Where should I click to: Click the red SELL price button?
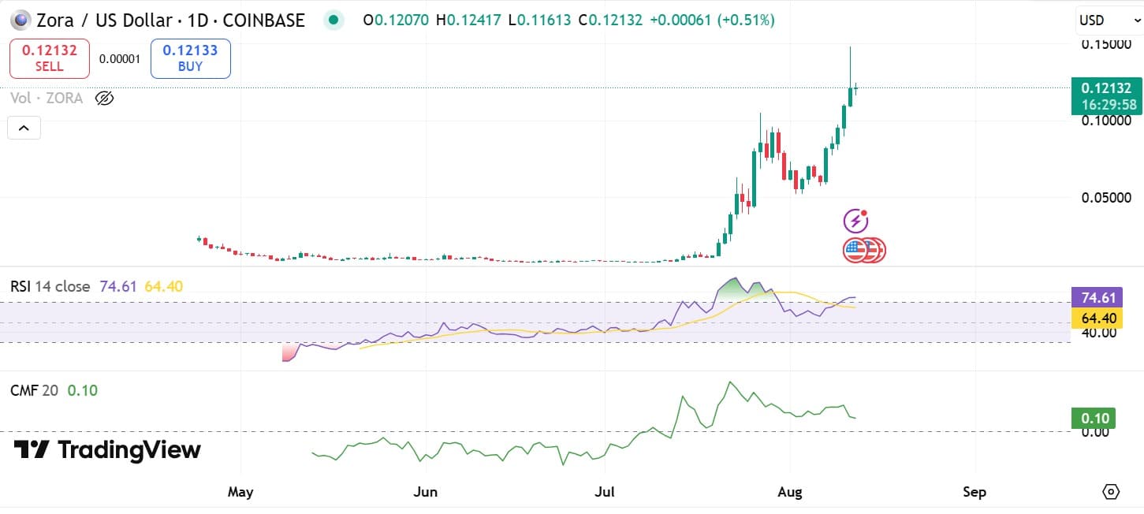click(49, 58)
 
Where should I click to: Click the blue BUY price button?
click(190, 58)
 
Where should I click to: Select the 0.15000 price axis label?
click(1108, 44)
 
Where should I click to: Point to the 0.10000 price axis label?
click(1108, 121)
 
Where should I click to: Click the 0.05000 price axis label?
click(1108, 197)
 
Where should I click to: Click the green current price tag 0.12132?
click(1107, 95)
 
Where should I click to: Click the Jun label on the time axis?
click(425, 492)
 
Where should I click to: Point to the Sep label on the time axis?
click(974, 492)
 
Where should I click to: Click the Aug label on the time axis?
click(789, 492)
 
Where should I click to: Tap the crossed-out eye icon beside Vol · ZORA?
click(104, 99)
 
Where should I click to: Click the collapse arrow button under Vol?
click(24, 128)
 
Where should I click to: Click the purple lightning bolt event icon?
click(855, 221)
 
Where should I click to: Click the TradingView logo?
click(108, 450)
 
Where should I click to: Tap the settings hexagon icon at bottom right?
click(1110, 492)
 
